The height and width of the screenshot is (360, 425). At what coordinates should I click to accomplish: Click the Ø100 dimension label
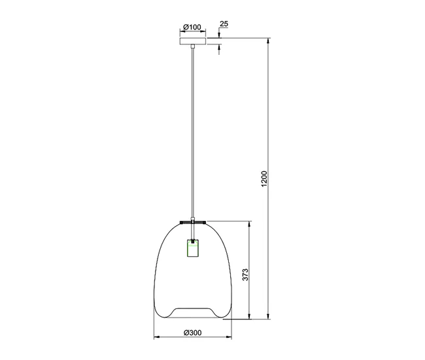pos(192,27)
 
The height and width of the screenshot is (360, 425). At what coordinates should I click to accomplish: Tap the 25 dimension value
pos(224,24)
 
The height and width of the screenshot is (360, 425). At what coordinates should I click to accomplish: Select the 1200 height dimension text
pos(264,179)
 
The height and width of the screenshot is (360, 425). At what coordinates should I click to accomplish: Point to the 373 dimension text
pos(245,274)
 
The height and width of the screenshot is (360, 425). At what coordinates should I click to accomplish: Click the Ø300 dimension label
pos(192,332)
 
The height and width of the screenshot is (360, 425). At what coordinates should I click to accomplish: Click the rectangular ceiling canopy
pos(193,41)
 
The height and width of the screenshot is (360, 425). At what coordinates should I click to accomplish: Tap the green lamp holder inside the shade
pos(193,248)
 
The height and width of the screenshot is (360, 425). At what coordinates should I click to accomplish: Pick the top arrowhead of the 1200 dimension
pos(268,41)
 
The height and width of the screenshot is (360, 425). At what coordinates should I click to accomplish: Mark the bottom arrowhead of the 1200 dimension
pos(268,316)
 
